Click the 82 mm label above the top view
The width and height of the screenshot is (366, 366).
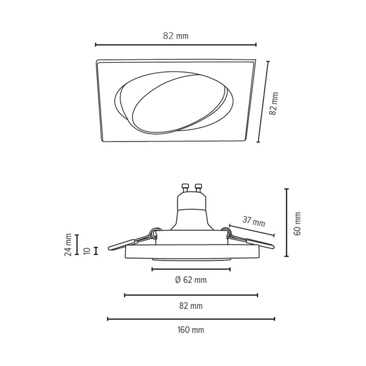(x=176, y=36)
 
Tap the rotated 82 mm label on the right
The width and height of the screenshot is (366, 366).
(x=274, y=104)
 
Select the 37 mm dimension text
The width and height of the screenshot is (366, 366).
(x=254, y=223)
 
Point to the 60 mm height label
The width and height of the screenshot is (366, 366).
(x=298, y=224)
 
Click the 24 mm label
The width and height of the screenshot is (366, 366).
(x=69, y=245)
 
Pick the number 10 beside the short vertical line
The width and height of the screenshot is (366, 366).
(x=88, y=250)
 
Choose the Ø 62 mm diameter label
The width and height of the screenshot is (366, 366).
(x=190, y=280)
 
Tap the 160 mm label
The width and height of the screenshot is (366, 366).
(x=190, y=330)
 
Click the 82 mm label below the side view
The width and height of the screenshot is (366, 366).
(x=190, y=306)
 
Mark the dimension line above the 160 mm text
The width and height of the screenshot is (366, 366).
(x=190, y=318)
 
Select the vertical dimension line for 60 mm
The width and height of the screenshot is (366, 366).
(x=287, y=223)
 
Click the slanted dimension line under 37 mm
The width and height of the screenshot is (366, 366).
(x=251, y=230)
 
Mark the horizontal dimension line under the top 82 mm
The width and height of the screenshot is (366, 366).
(x=176, y=45)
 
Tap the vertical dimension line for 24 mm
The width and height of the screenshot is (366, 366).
(x=77, y=245)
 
